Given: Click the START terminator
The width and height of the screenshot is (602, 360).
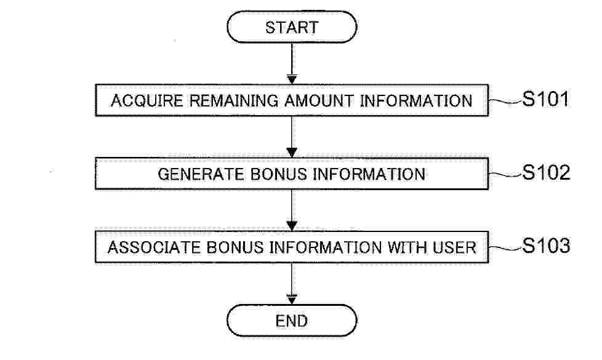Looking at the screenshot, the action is [x=292, y=27].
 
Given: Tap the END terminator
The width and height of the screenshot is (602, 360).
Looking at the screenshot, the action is [x=292, y=321].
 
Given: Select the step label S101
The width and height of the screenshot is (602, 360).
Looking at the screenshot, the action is [x=545, y=99].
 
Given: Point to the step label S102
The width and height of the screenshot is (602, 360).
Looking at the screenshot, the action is [x=546, y=172].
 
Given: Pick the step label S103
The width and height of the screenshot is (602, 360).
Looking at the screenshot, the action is [x=546, y=246].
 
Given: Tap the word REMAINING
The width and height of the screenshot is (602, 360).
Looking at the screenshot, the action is [x=234, y=100].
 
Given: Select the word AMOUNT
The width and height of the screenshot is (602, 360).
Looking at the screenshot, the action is [x=319, y=100].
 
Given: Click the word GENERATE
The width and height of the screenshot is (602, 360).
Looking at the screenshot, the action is [x=201, y=174].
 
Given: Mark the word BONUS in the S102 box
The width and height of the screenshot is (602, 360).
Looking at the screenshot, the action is [x=279, y=174].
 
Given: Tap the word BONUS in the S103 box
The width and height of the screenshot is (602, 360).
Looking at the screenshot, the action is [x=235, y=247].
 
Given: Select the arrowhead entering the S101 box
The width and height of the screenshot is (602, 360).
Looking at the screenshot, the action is [x=292, y=80].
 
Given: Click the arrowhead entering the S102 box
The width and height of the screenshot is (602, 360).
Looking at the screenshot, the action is [x=292, y=153].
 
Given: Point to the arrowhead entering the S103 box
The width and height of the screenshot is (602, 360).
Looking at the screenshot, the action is [x=292, y=226].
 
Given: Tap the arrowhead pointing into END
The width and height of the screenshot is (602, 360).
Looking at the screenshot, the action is [x=292, y=300].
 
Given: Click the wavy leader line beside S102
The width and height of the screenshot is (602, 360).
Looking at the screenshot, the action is [x=505, y=175].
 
